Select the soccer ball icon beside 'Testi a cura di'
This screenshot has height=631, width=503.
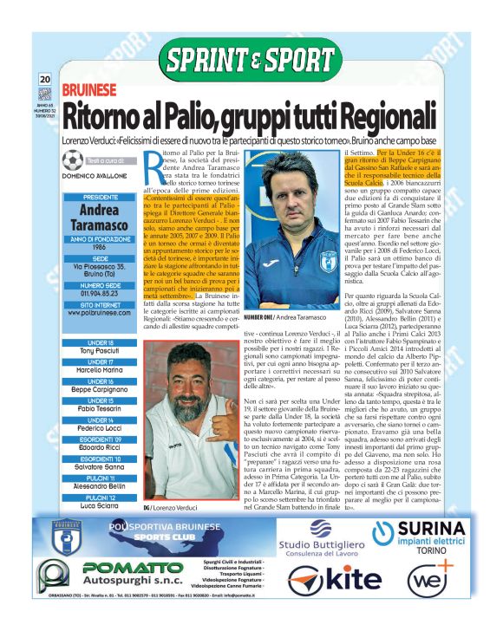tap(74, 160)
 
